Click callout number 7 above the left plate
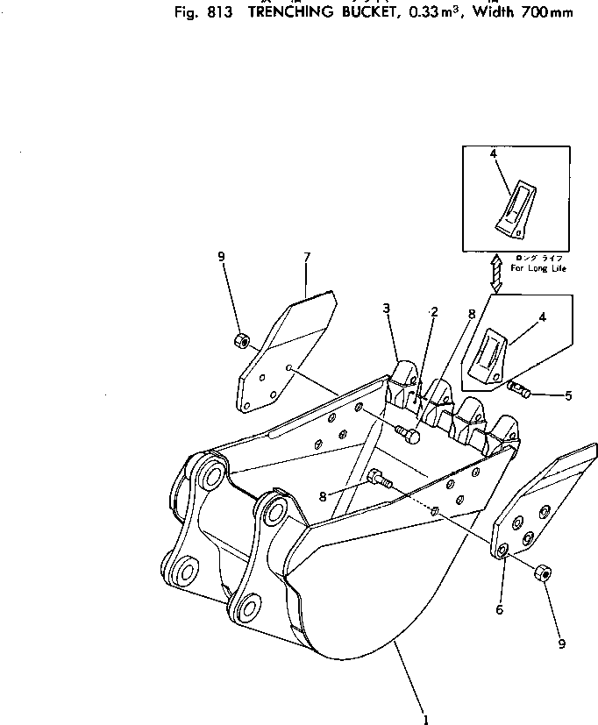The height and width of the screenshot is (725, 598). click(307, 257)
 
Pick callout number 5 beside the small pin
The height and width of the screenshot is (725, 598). click(568, 396)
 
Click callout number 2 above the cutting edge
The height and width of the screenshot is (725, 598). click(434, 312)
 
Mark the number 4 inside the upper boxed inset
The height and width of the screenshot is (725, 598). click(494, 153)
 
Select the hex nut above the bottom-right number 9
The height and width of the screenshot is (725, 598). click(542, 573)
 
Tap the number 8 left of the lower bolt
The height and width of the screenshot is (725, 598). click(323, 496)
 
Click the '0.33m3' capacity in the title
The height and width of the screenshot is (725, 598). click(445, 11)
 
